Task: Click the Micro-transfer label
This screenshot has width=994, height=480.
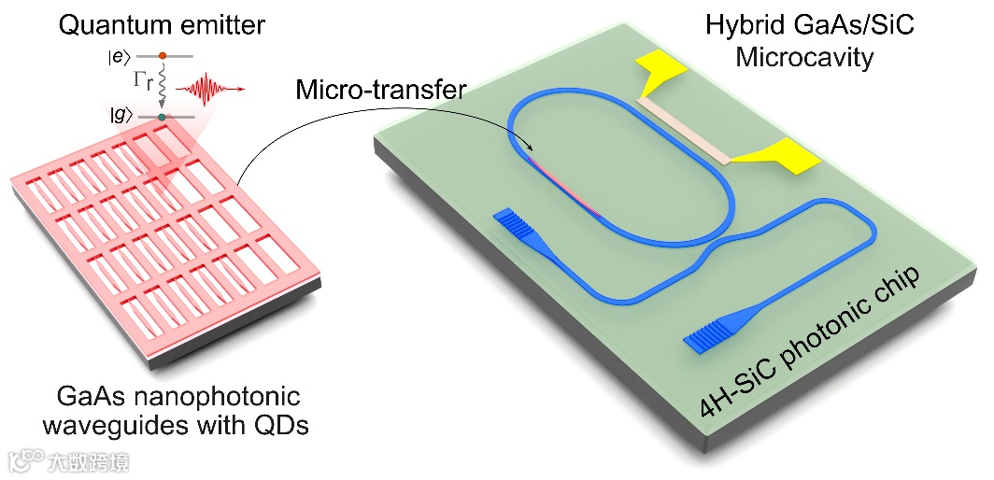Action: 380,91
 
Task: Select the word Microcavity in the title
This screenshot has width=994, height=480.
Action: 803,58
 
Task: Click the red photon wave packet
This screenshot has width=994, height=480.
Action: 211,90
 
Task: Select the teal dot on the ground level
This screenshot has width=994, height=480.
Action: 162,117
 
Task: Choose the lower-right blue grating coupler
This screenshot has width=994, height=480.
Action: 709,334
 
